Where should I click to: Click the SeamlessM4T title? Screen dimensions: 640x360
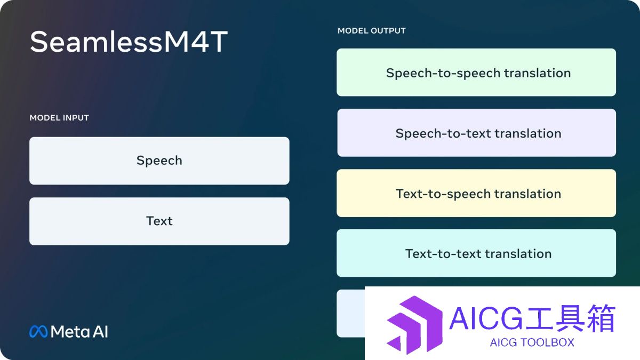(129, 42)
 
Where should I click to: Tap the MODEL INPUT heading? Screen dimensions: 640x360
(59, 118)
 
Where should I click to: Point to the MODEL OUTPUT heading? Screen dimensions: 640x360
(371, 30)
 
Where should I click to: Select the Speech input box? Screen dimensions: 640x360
(159, 161)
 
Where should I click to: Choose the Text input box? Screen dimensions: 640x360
(159, 221)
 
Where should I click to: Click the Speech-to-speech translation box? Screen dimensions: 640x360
(476, 73)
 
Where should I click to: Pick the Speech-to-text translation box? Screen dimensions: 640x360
(476, 133)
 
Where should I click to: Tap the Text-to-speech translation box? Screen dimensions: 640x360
(476, 193)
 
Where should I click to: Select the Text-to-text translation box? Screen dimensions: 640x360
(476, 253)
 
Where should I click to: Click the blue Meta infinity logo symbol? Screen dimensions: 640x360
(38, 332)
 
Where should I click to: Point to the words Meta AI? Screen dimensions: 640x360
(79, 332)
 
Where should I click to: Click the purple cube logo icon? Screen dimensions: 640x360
(414, 325)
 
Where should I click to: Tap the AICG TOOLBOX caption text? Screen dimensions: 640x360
(532, 342)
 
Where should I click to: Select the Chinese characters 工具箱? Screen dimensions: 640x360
(570, 318)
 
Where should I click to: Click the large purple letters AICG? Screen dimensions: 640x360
(486, 318)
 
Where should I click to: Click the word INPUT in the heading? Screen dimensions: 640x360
(75, 118)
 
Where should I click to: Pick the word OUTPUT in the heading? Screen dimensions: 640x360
(389, 30)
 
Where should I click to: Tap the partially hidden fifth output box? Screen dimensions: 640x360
(351, 314)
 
